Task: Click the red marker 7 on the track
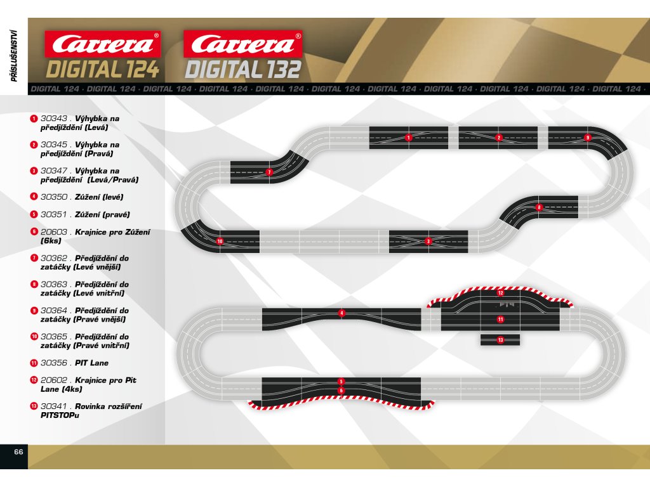coord(269,172)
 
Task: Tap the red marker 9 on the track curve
coord(588,137)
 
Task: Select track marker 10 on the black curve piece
coord(220,242)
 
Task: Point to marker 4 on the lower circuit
coord(342,313)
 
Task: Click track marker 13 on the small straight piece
coord(500,340)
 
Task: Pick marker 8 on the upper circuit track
coord(539,207)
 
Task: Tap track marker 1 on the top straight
coord(409,137)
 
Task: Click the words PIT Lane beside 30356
coord(91,363)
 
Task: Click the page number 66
coord(18,452)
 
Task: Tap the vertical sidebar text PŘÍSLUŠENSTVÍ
coord(13,55)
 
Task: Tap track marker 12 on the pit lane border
coord(500,293)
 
